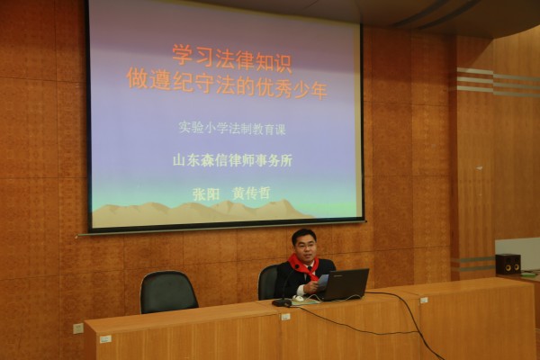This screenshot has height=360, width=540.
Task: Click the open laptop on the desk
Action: (345, 285)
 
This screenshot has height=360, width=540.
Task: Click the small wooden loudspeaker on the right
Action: (508, 264)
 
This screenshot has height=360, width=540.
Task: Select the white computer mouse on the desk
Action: (298, 298)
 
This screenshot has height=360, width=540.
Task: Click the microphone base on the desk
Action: (282, 302)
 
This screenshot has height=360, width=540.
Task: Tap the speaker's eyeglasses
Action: (303, 246)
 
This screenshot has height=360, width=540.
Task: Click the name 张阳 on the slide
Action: (206, 194)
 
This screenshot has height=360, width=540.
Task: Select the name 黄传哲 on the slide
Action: (251, 193)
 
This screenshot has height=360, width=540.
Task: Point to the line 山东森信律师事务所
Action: (232, 161)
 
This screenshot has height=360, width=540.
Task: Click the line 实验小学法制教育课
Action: (232, 129)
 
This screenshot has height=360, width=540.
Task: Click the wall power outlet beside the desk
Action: (78, 328)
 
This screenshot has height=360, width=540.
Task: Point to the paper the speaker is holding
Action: (323, 281)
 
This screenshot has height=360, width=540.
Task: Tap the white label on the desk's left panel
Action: (105, 339)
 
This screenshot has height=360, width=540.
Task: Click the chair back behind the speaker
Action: (268, 283)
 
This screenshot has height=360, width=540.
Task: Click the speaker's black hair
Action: (303, 235)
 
